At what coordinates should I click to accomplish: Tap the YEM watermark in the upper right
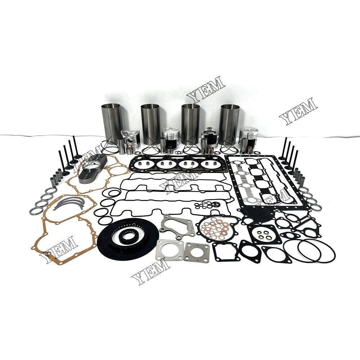298,110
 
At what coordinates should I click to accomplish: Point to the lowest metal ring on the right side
316,208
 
